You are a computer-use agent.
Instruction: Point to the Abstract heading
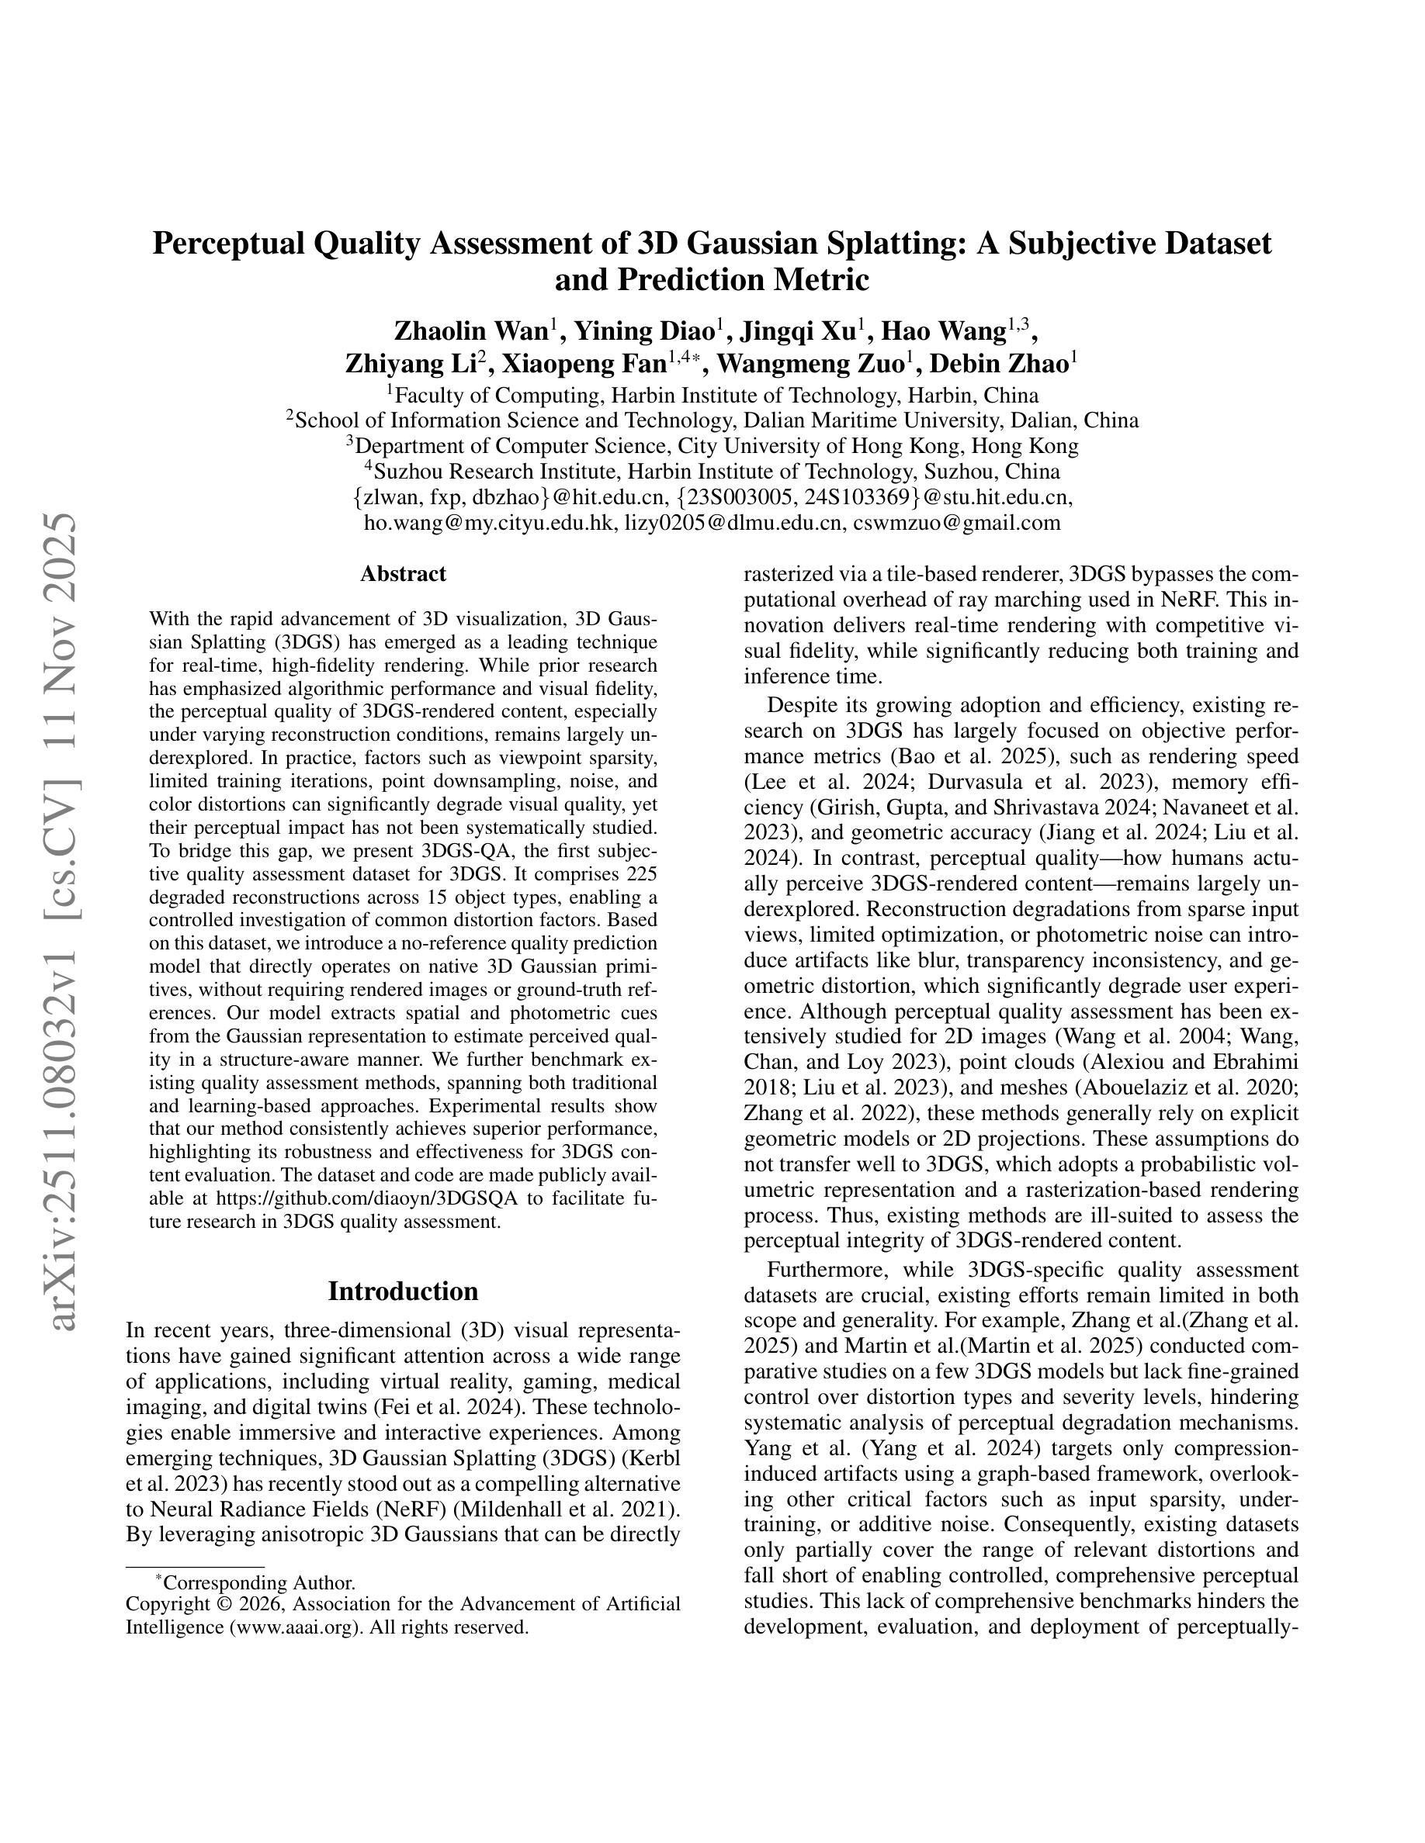(x=403, y=574)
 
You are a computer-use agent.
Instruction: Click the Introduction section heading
(x=403, y=1291)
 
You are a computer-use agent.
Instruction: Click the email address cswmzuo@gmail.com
(x=956, y=522)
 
